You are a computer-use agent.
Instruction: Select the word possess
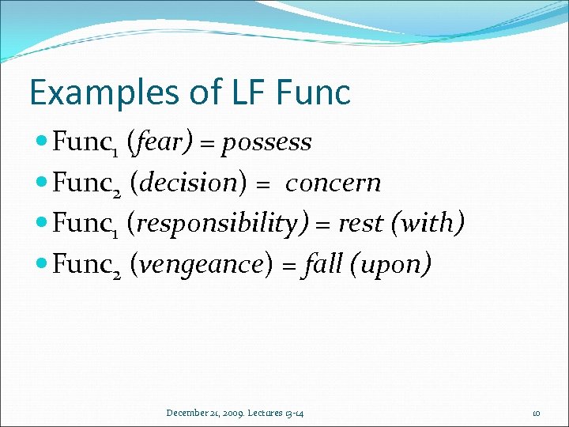tap(267, 143)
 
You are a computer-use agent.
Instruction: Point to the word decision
tap(183, 183)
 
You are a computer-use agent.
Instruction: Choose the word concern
tap(333, 184)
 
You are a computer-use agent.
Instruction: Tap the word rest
tap(359, 225)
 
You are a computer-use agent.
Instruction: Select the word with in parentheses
tap(427, 225)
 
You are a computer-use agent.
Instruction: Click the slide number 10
tap(536, 413)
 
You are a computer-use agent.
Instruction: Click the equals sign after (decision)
tap(263, 184)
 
